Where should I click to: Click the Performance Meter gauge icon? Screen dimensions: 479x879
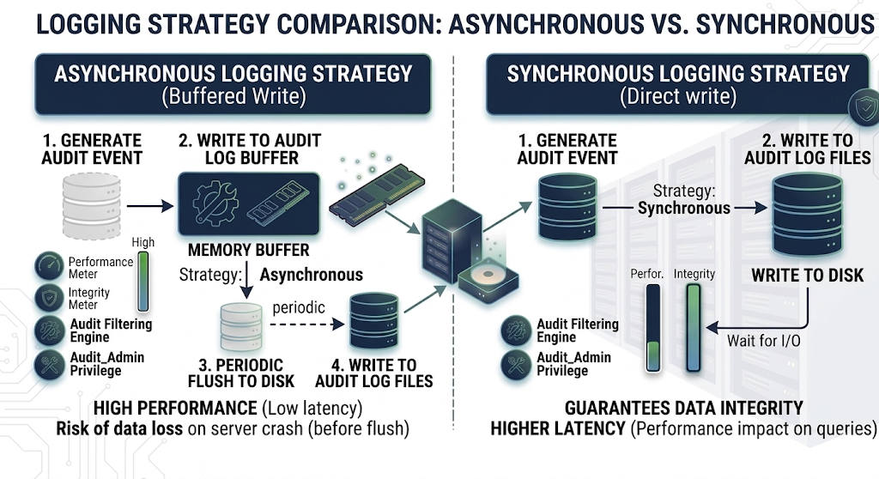point(49,268)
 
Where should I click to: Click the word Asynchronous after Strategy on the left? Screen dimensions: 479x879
point(311,275)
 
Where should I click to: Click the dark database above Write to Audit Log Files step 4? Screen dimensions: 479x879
point(374,321)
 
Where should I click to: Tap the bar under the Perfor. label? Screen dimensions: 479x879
point(653,330)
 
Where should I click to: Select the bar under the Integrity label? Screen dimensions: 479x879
point(694,330)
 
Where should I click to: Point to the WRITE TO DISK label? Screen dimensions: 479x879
point(807,276)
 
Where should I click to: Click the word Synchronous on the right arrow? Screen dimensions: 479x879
point(684,208)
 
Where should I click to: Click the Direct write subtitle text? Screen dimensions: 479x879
point(678,96)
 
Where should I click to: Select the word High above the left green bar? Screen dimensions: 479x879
point(143,242)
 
